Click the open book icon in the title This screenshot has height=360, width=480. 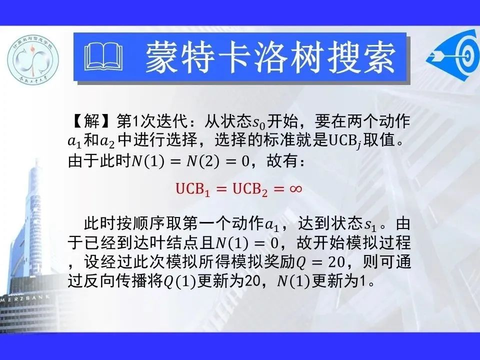tap(103, 57)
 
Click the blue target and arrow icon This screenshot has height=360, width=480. tap(453, 55)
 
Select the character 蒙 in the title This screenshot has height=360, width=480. tap(162, 57)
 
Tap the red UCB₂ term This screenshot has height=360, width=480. tap(250, 189)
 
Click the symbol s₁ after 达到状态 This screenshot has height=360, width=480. tap(370, 225)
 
